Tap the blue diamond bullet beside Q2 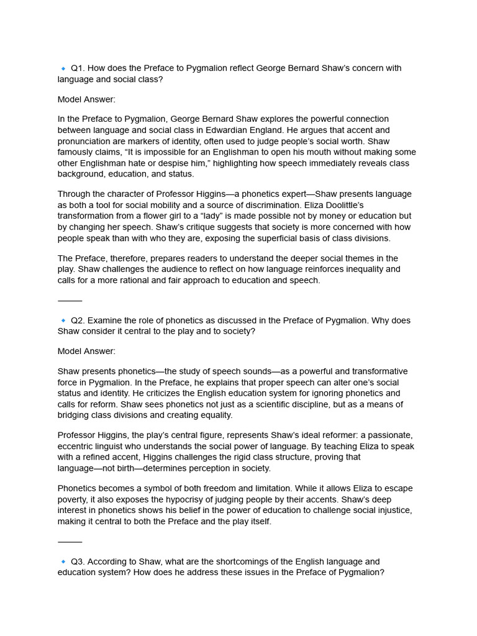63,320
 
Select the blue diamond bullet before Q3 63,561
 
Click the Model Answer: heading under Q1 86,99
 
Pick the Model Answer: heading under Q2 86,352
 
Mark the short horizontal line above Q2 70,301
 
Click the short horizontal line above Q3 70,542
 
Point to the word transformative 376,371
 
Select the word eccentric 77,446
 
